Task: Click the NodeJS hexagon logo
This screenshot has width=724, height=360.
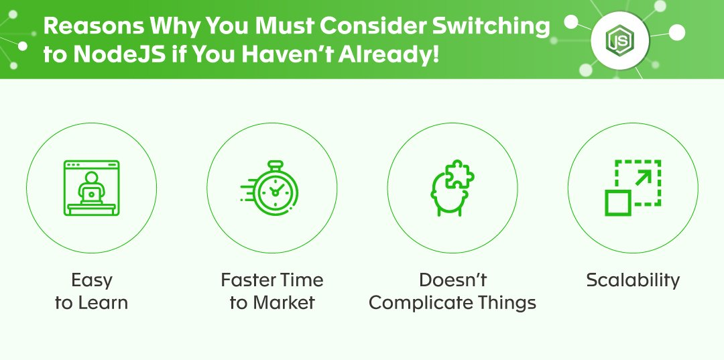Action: coord(619,41)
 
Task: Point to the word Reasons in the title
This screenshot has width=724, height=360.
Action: coord(93,26)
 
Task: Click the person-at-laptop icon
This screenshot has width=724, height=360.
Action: coord(91,188)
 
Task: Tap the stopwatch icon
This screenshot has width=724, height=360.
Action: coord(270,188)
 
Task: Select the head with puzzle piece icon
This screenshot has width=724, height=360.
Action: coord(452,188)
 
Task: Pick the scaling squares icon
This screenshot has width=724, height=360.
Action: coord(633,188)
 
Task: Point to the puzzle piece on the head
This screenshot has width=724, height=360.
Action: coord(460,174)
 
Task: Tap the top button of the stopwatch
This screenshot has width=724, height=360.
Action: coord(276,165)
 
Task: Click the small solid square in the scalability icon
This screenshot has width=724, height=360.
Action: coord(618,203)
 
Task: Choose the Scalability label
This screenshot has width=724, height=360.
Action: coord(633,280)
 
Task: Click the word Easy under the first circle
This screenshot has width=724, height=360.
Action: coord(91,280)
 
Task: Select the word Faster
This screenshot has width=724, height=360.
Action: coord(249,280)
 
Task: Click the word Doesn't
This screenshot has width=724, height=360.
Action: coord(452,280)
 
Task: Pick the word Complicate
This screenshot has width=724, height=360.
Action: coord(421,303)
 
